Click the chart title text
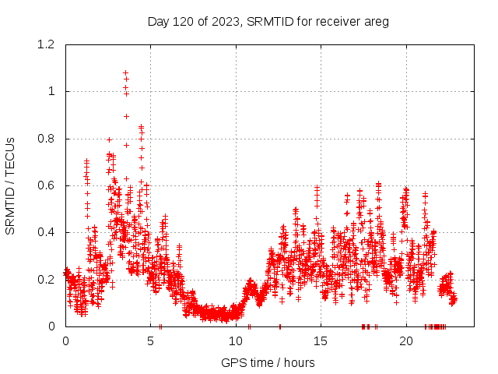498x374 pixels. click(x=268, y=21)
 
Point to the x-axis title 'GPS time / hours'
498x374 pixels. click(x=268, y=362)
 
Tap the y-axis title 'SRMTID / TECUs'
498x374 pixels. click(x=10, y=185)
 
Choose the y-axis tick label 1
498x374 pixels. click(x=51, y=91)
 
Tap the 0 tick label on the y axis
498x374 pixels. click(x=51, y=326)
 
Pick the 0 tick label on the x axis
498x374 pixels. click(x=65, y=340)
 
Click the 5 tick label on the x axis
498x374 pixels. click(x=150, y=340)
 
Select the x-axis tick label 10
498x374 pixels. click(x=236, y=340)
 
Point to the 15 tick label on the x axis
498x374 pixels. click(x=321, y=340)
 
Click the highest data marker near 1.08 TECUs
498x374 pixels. click(x=125, y=72)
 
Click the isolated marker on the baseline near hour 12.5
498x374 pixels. click(x=279, y=326)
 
